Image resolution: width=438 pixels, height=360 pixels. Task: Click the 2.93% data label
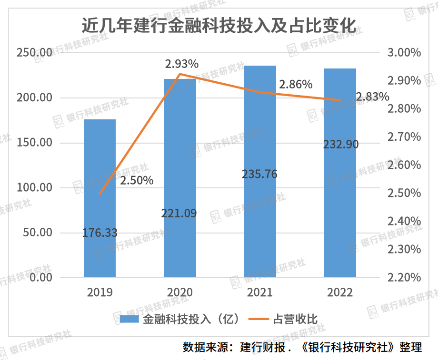[x=181, y=64]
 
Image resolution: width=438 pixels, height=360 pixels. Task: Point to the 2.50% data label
[x=137, y=181]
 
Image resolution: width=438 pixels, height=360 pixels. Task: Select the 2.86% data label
[x=296, y=85]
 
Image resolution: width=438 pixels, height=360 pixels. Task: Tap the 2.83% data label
[x=372, y=97]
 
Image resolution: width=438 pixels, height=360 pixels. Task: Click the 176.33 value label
[x=100, y=233]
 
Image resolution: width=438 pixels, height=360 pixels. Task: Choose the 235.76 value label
[x=259, y=174]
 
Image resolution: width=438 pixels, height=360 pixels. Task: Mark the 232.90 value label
[x=340, y=144]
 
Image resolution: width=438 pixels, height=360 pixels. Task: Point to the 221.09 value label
[x=179, y=214]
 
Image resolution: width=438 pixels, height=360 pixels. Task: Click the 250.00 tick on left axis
[x=34, y=53]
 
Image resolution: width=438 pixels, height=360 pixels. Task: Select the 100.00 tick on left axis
[x=34, y=188]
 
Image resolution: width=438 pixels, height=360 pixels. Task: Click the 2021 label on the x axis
[x=260, y=292]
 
